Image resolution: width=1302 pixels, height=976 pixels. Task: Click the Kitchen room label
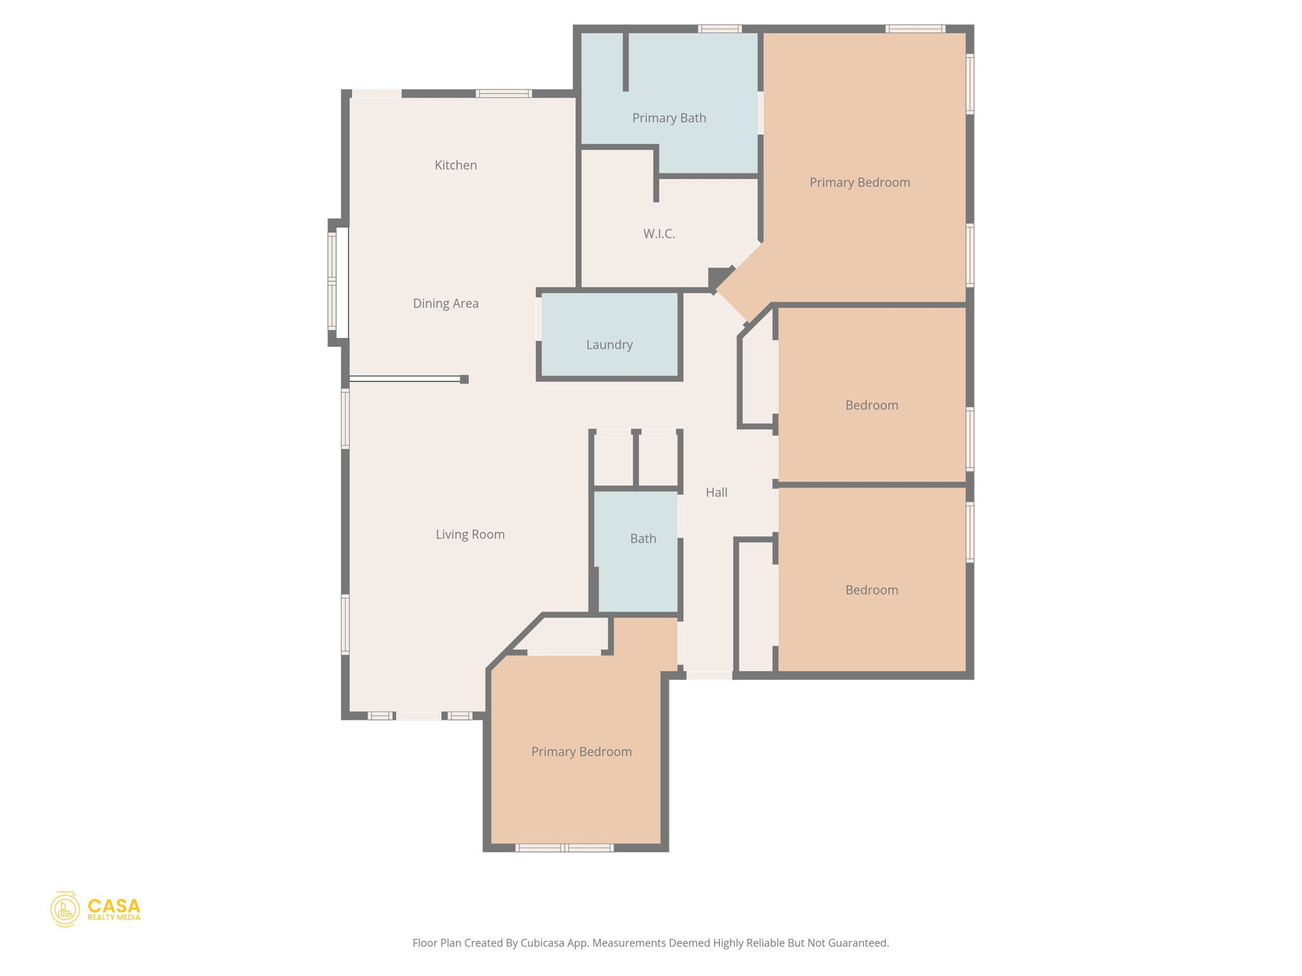(x=455, y=165)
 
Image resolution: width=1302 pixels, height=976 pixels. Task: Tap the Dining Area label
(x=446, y=304)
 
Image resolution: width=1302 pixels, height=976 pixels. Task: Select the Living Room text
(x=470, y=534)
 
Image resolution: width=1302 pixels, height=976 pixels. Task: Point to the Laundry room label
(x=609, y=345)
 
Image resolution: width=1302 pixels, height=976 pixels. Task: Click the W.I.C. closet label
(x=659, y=234)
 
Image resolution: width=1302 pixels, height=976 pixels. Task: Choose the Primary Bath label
(x=669, y=118)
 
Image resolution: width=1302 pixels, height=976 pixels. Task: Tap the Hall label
(x=716, y=492)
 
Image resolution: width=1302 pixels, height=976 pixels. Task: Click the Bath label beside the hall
(x=643, y=539)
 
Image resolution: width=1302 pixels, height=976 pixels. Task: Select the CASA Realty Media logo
(x=95, y=909)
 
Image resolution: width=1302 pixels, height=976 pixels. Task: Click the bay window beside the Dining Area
(x=332, y=281)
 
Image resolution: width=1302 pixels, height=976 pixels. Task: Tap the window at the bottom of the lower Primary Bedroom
(x=564, y=848)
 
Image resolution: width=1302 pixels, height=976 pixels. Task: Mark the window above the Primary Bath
(x=719, y=29)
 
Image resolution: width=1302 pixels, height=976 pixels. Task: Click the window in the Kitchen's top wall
(x=504, y=93)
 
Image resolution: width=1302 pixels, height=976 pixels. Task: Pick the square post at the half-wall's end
(x=464, y=379)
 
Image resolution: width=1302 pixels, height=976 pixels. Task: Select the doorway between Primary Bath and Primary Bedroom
(x=760, y=112)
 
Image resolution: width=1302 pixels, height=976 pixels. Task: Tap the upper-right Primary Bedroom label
(x=860, y=183)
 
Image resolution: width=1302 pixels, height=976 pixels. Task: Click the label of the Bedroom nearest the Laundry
(x=871, y=405)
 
